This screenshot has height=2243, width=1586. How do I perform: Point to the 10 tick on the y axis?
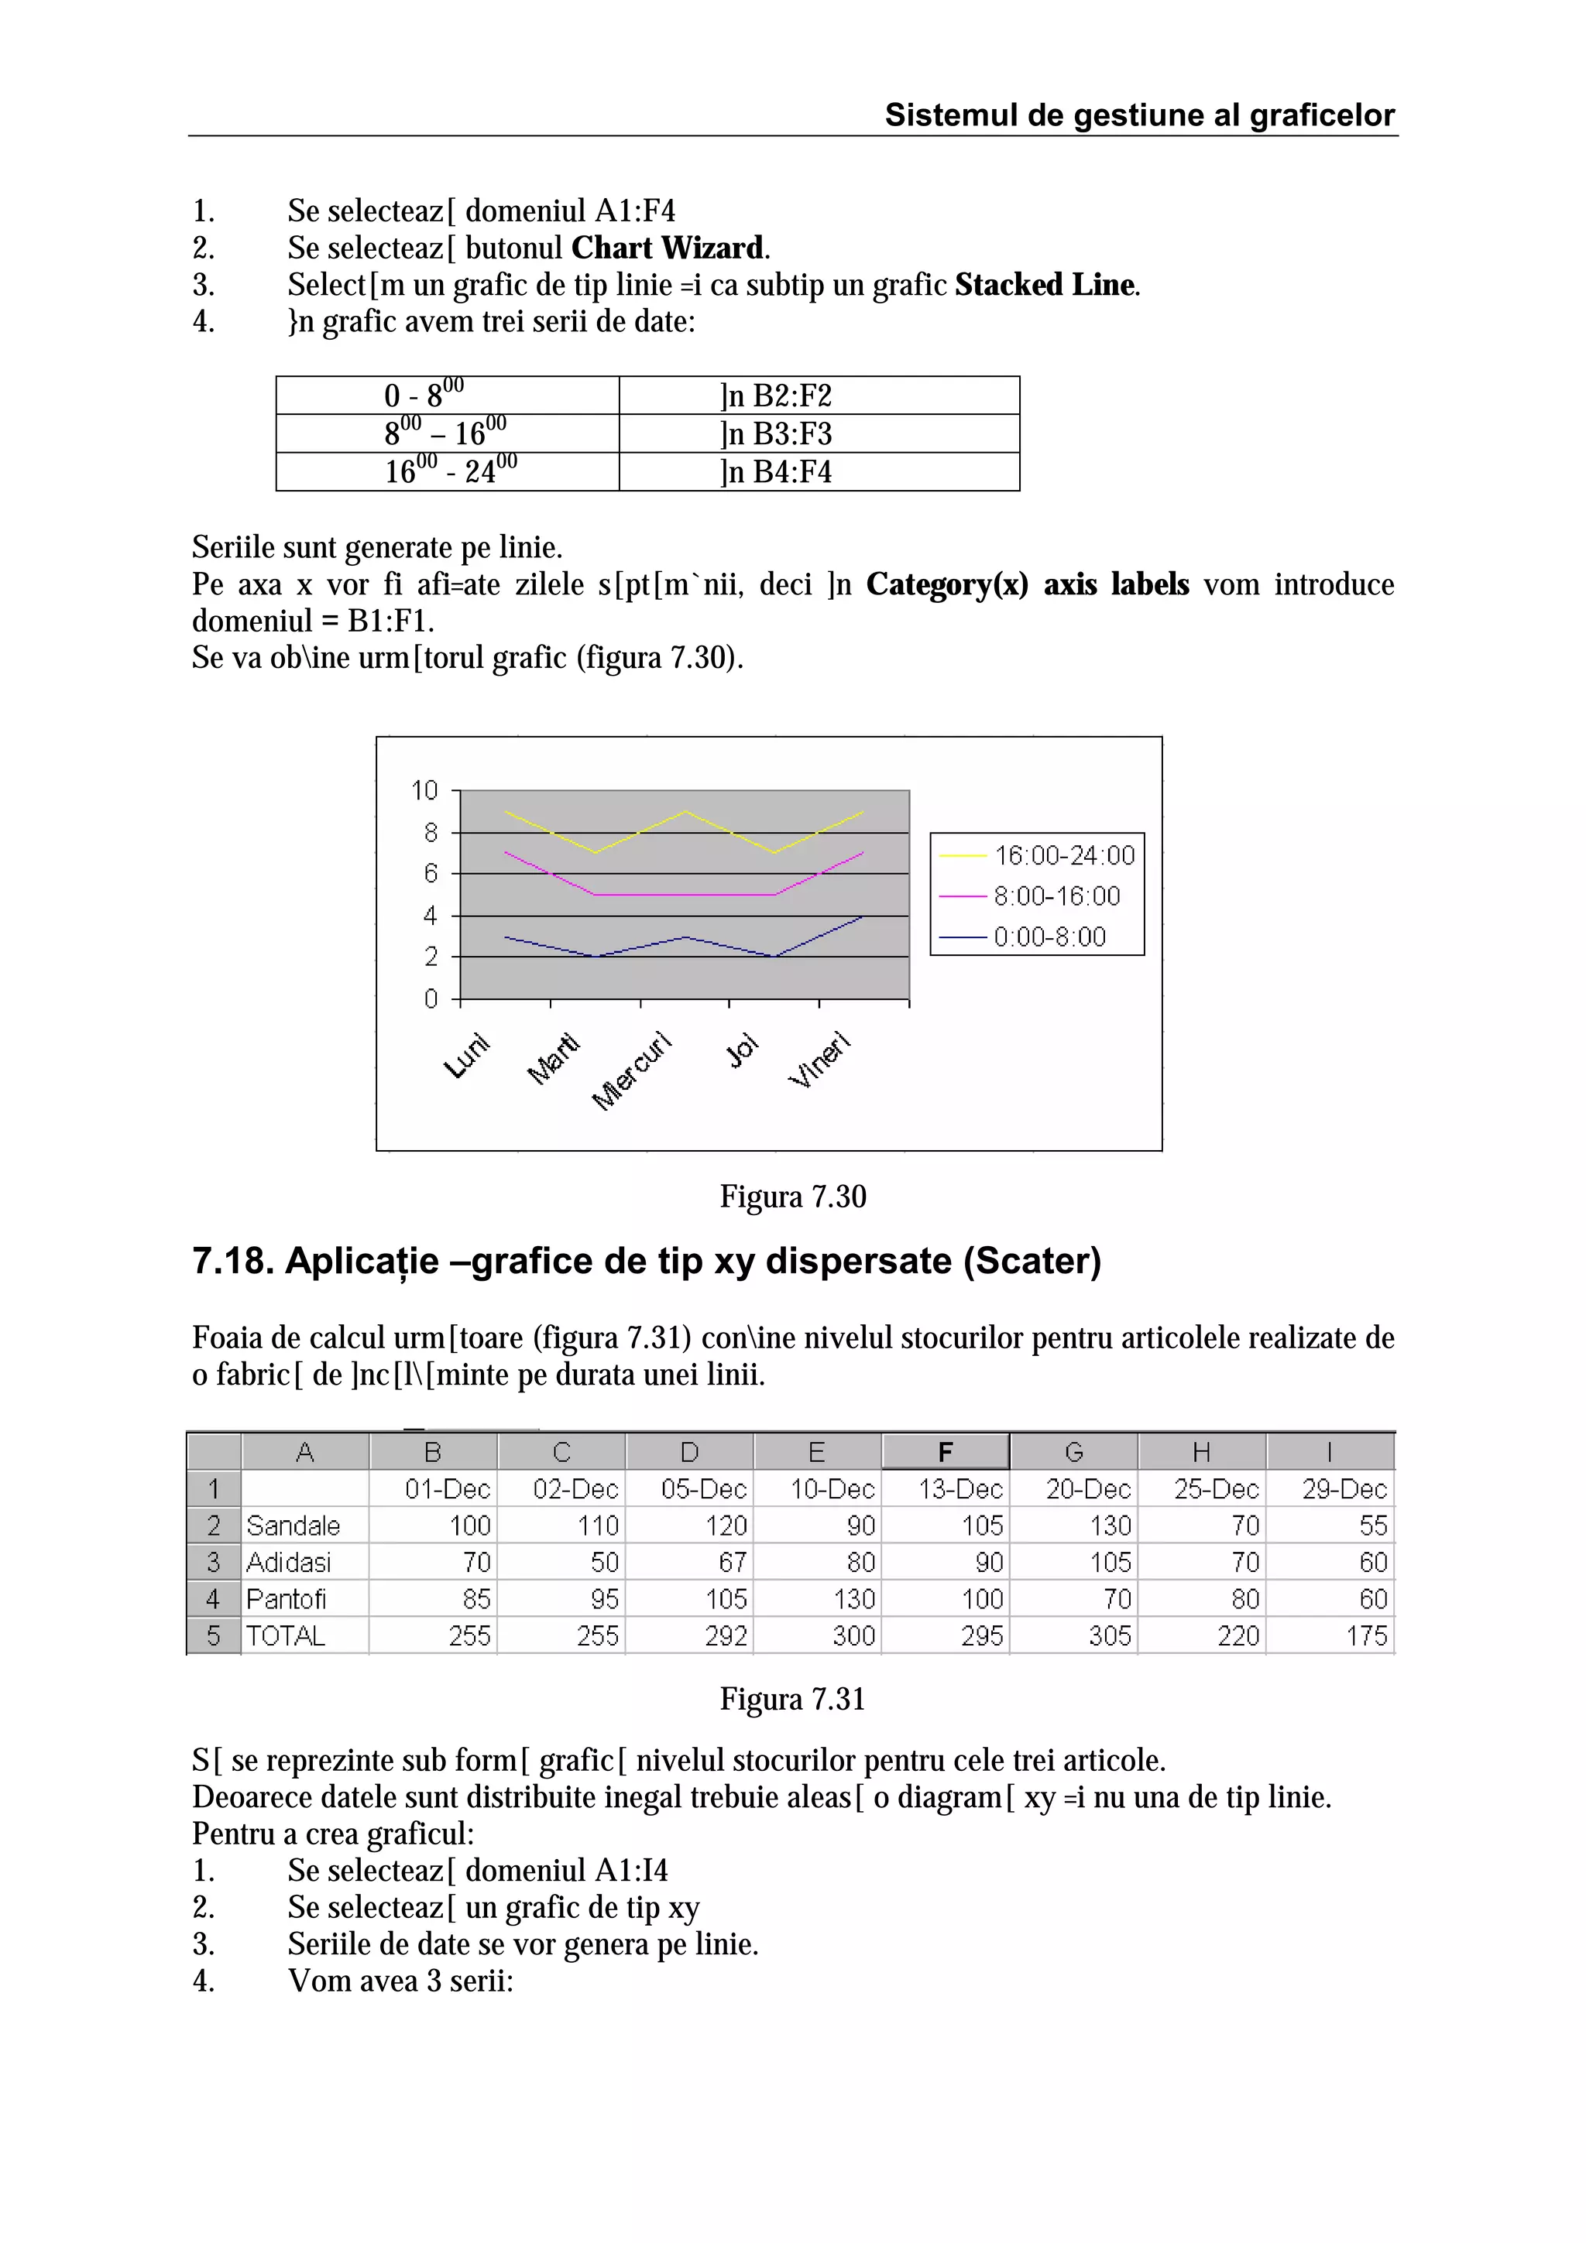tap(424, 789)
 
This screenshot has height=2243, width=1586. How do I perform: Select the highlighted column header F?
tap(945, 1452)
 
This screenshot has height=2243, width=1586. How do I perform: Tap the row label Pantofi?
tap(287, 1599)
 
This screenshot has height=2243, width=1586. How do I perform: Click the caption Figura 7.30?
tap(792, 1197)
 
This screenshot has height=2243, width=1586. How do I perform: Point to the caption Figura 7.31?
tap(792, 1699)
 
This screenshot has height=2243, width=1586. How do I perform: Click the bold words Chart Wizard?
tap(668, 248)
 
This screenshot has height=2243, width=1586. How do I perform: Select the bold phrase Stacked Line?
tap(1045, 286)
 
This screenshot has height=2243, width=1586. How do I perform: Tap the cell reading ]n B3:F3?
tap(776, 433)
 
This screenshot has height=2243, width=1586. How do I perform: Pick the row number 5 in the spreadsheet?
tap(214, 1635)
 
